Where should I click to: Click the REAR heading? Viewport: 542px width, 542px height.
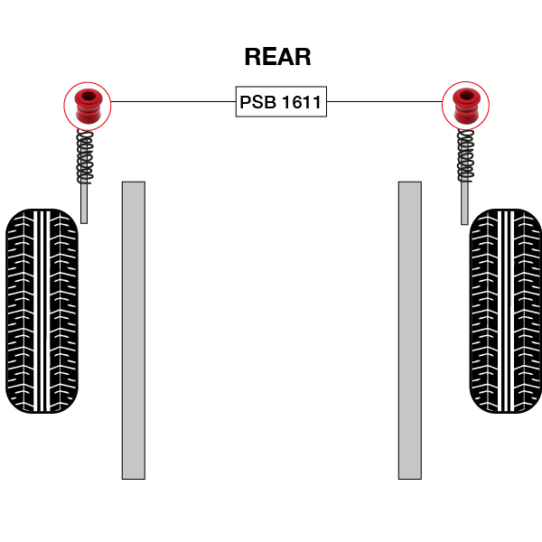[x=277, y=57]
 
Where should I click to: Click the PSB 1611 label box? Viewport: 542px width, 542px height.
[x=280, y=102]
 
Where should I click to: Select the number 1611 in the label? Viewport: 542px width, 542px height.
[x=301, y=102]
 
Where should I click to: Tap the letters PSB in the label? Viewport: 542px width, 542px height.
[x=257, y=102]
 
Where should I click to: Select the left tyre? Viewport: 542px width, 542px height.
[x=42, y=312]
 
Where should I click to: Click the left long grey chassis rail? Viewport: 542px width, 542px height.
[x=133, y=330]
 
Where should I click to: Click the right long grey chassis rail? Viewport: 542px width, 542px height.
[x=409, y=330]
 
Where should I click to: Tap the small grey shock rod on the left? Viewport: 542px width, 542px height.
[x=84, y=203]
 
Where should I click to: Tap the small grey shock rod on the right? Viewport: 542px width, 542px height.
[x=464, y=203]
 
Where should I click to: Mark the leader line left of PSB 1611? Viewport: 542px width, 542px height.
[x=172, y=102]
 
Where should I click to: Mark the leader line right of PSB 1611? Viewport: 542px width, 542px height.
[x=383, y=102]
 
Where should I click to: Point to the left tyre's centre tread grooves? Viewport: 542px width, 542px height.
[x=42, y=312]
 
